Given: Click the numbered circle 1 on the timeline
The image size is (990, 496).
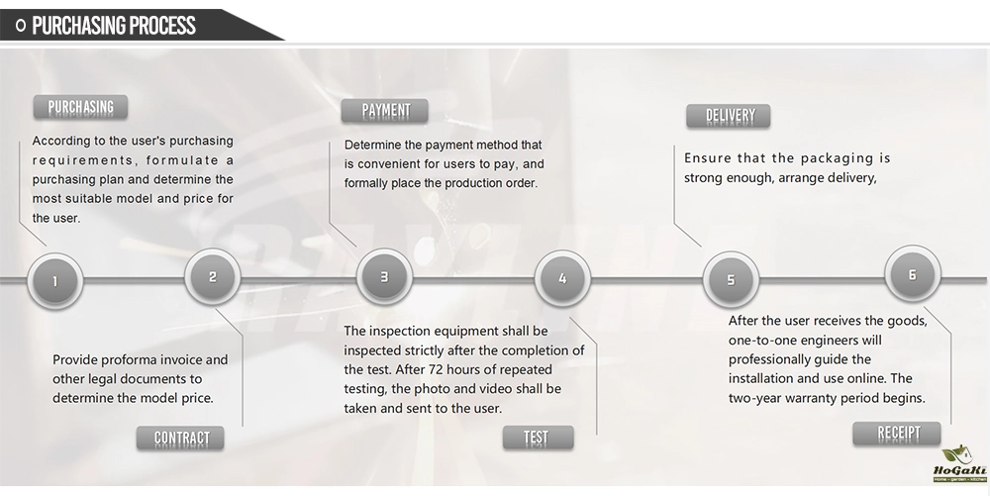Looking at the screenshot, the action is coord(55,281).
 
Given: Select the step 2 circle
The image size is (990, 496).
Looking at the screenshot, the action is coord(213,277).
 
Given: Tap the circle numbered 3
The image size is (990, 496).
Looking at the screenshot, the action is coord(384,277).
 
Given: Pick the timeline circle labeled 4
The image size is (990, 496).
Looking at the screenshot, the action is coord(562,278).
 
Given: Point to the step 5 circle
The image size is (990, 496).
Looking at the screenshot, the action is coord(732,279).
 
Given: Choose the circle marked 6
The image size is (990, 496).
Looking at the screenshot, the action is coord(913,274).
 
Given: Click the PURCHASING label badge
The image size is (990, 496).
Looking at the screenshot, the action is coord(81,107).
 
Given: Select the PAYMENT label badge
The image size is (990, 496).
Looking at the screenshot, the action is coord(385,111).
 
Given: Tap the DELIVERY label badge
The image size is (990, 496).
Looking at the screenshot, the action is coord(729,116).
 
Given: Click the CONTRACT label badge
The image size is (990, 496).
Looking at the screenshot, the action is coord(180,438).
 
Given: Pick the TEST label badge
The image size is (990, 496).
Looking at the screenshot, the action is coord(539,438).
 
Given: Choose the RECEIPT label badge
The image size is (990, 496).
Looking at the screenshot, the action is coord(897,434).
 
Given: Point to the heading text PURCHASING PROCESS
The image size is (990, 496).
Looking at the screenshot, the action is coord(114,26).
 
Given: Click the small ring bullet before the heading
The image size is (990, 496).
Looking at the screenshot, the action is coord(21,26).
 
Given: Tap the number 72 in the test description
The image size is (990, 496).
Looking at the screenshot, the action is coord(436,370).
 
